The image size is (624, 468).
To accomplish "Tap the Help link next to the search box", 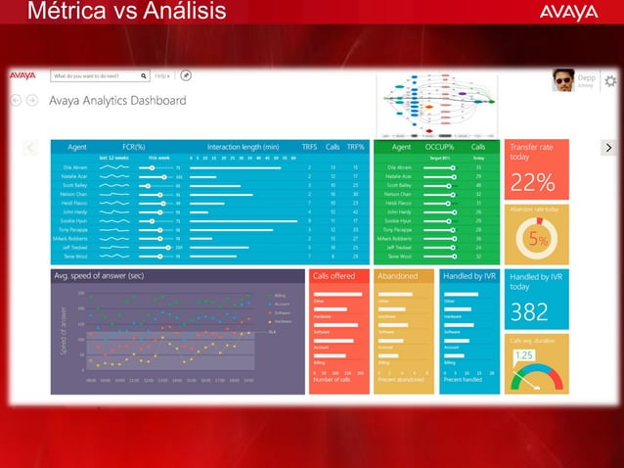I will click(161, 75).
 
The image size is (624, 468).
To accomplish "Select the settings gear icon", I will click(610, 80).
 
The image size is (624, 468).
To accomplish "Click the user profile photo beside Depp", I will click(562, 81).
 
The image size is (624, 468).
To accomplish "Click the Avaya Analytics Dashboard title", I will click(117, 100).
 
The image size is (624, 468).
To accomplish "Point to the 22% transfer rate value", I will click(533, 182).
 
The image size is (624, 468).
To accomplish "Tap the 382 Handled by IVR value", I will click(529, 311).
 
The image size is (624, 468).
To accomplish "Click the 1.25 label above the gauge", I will click(524, 355).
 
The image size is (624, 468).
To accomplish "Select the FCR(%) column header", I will click(134, 147).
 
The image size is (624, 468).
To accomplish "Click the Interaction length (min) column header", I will click(243, 147).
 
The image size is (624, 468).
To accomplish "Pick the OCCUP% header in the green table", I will click(438, 147).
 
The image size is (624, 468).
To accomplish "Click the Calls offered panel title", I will click(334, 276).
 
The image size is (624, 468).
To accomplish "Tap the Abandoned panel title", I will click(397, 276).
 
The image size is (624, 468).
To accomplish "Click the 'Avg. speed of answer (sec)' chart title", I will click(99, 276).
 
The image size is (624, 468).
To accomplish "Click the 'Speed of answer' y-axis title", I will click(65, 333).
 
